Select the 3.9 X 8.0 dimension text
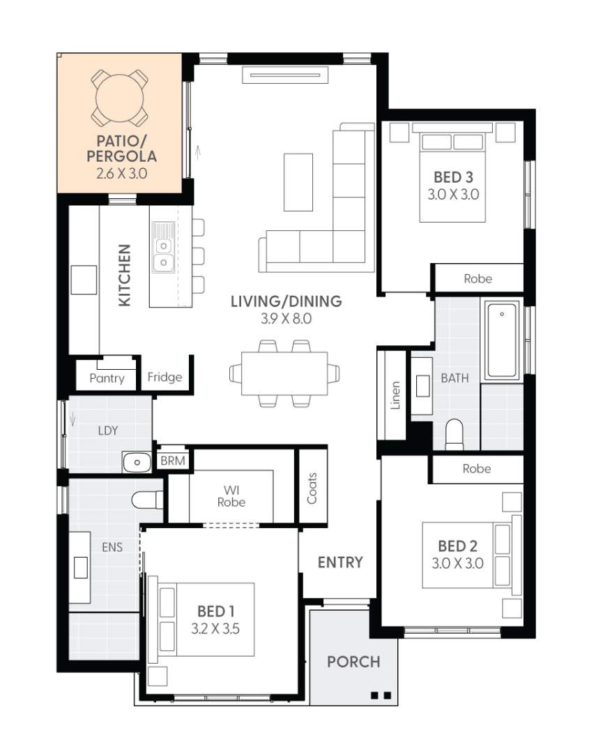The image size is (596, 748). tap(286, 320)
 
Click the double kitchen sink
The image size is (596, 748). tap(163, 254)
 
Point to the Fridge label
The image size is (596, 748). tap(165, 377)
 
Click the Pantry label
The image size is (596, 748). tap(107, 378)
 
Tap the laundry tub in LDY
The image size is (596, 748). tap(137, 461)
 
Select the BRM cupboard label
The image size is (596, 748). tap(171, 461)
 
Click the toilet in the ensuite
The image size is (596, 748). tap(147, 500)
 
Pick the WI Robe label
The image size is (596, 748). tap(231, 495)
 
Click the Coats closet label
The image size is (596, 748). tap(312, 488)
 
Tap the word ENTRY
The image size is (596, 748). tap(340, 562)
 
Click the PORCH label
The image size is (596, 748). tap(353, 661)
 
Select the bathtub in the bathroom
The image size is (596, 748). tap(502, 341)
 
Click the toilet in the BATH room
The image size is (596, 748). tap(454, 433)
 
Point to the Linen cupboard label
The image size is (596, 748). tap(395, 395)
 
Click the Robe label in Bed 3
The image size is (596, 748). tap(477, 278)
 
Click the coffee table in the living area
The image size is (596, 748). tap(298, 181)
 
